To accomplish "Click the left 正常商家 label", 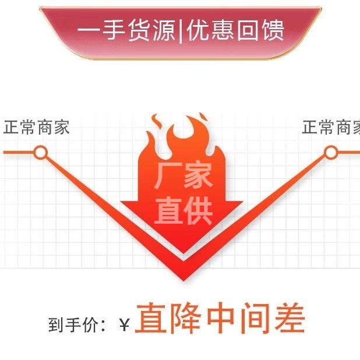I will click(x=36, y=128).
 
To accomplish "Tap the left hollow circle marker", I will click(x=40, y=153).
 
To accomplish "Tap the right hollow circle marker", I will click(x=330, y=153).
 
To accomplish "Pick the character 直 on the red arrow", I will click(x=167, y=211).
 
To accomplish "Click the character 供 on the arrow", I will click(x=199, y=211).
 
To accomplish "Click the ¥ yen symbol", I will click(x=124, y=325).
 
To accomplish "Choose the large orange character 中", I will click(x=220, y=319).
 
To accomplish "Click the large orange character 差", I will click(x=287, y=319).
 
